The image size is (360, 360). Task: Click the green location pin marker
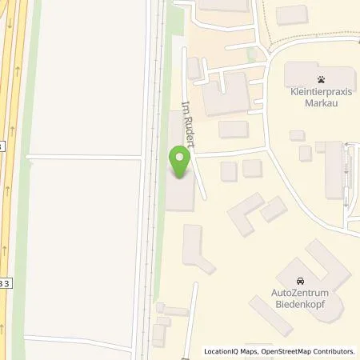[x=180, y=163]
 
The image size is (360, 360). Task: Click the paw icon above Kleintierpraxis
[x=320, y=79]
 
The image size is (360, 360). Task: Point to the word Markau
[x=320, y=103]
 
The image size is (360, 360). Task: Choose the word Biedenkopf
[x=301, y=305]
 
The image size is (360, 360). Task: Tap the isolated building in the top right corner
[x=291, y=14]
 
